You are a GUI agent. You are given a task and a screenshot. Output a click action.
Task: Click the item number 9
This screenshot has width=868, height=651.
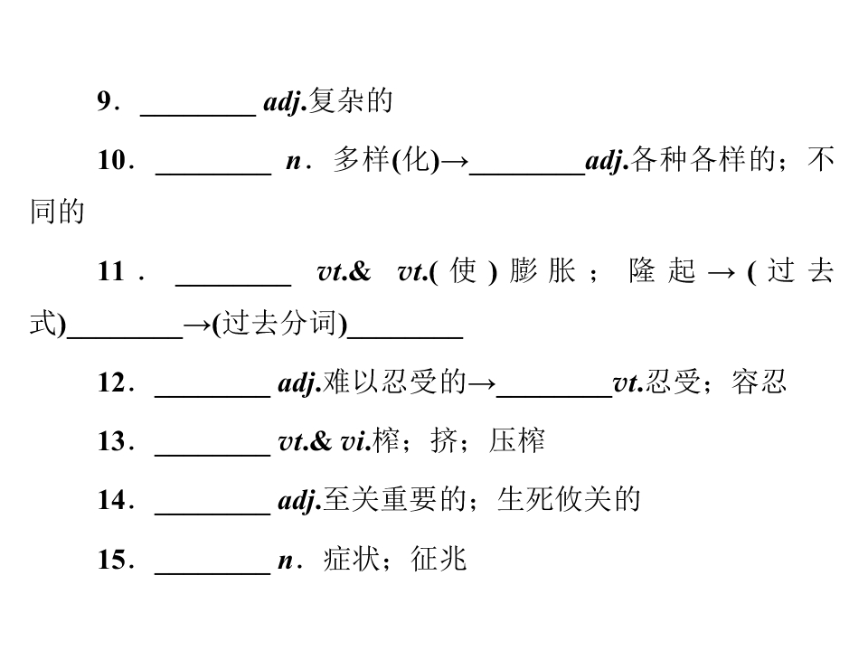(105, 101)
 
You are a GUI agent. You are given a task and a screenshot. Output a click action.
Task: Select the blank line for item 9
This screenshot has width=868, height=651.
(198, 115)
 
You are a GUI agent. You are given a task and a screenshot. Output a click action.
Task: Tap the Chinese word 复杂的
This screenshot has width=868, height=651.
(351, 100)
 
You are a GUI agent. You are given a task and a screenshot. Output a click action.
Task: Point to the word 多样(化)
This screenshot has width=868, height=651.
(386, 160)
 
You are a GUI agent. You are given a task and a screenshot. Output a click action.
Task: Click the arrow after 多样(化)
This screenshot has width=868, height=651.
(455, 162)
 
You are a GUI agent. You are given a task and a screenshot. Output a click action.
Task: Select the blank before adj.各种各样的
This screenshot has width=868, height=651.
(527, 174)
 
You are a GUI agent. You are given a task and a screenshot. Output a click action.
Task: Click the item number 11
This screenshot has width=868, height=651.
(110, 272)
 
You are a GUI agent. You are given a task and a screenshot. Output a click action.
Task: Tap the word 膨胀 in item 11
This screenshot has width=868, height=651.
(542, 271)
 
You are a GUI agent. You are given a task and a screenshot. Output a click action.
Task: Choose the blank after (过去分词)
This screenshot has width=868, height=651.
(405, 336)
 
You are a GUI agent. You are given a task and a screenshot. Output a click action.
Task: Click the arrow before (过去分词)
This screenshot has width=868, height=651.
(197, 325)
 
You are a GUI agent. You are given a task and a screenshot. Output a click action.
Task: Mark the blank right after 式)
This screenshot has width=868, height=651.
(125, 336)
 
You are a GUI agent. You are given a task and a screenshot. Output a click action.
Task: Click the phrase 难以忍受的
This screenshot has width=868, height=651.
(395, 382)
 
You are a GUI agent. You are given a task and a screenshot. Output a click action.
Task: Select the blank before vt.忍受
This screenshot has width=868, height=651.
(554, 396)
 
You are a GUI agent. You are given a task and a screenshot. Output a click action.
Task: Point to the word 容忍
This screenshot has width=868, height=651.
(759, 382)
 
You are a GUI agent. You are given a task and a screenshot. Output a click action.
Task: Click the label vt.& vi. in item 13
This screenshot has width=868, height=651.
(325, 442)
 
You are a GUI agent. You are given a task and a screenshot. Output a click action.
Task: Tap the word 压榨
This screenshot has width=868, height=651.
(516, 441)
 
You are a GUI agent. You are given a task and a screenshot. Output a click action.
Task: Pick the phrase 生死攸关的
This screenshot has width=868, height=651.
(569, 499)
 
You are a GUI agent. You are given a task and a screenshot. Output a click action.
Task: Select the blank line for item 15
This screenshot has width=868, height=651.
(212, 573)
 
